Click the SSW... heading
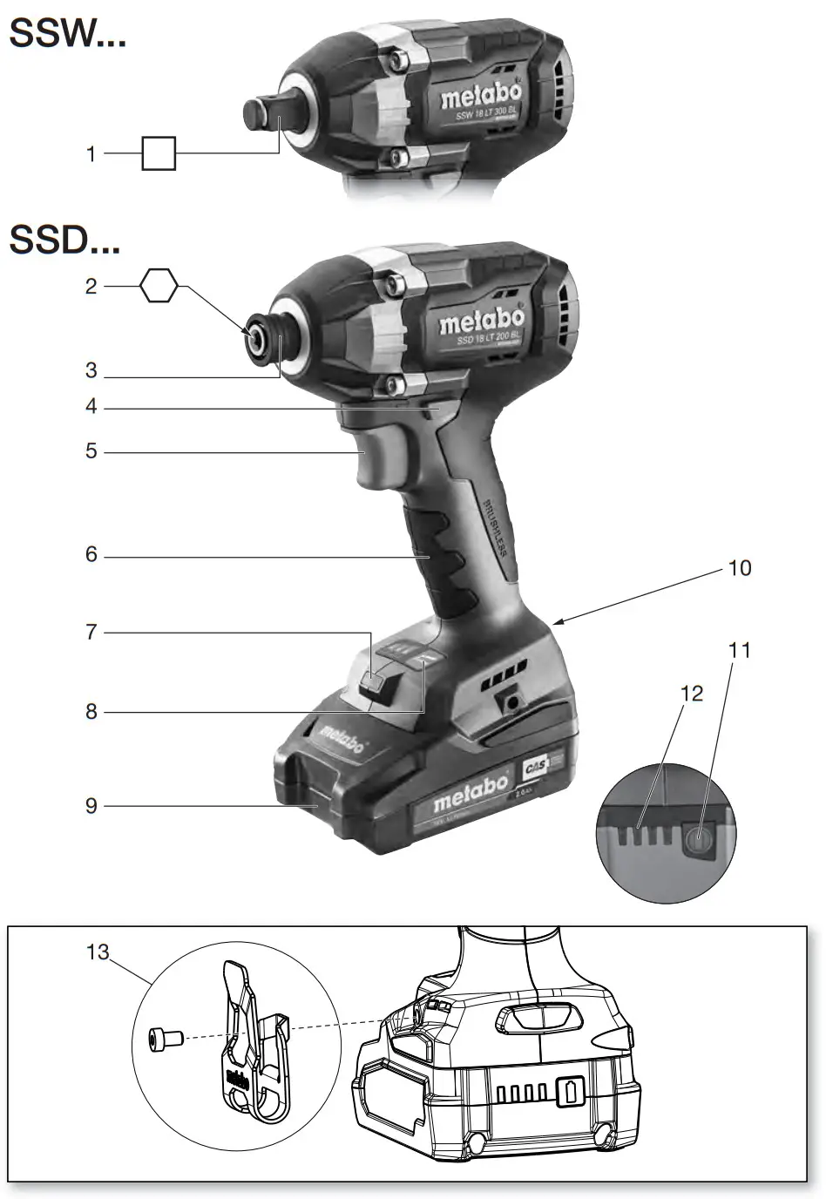(x=67, y=35)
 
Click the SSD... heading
(x=64, y=240)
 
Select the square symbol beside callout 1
(x=159, y=153)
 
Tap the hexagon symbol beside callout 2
(x=159, y=286)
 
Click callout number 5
(x=91, y=451)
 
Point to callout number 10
(x=739, y=568)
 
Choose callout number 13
(x=98, y=952)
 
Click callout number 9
(x=91, y=805)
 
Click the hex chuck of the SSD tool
(x=259, y=335)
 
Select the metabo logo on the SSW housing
(x=480, y=94)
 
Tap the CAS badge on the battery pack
(x=534, y=770)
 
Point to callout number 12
(x=691, y=694)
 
